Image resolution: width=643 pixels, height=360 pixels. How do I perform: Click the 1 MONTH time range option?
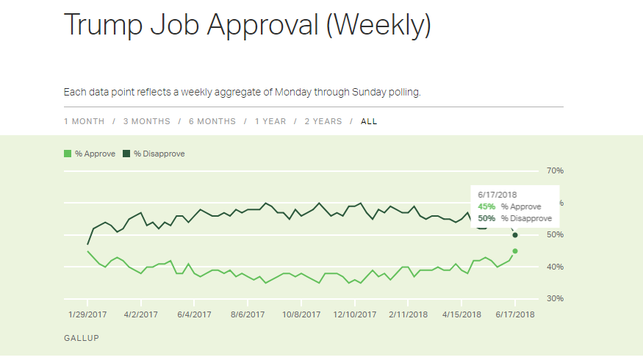(x=84, y=121)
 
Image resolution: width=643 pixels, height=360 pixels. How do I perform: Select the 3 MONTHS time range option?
(x=146, y=121)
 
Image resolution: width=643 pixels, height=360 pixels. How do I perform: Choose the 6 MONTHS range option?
(x=212, y=121)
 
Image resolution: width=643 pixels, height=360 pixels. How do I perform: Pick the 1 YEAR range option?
(x=270, y=121)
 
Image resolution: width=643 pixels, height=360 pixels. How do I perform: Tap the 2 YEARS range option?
(x=323, y=121)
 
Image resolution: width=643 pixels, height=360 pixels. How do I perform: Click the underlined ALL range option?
(x=369, y=121)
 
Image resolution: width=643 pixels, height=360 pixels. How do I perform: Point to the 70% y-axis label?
(x=554, y=170)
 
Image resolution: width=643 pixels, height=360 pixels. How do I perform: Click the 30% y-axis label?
(x=554, y=299)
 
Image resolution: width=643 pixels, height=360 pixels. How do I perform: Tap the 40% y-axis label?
(x=554, y=267)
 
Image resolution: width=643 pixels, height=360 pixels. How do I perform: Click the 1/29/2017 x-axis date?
(x=87, y=314)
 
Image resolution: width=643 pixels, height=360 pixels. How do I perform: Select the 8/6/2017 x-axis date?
(x=247, y=314)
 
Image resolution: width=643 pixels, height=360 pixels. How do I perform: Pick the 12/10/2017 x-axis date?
(x=353, y=314)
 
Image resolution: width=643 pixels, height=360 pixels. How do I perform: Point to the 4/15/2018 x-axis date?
(x=461, y=314)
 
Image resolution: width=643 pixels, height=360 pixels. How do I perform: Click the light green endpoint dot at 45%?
(x=515, y=251)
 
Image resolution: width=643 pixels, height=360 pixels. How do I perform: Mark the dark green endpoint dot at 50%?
(x=515, y=235)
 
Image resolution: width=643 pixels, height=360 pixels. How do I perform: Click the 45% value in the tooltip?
(x=486, y=206)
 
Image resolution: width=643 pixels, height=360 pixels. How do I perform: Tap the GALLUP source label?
(x=81, y=338)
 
